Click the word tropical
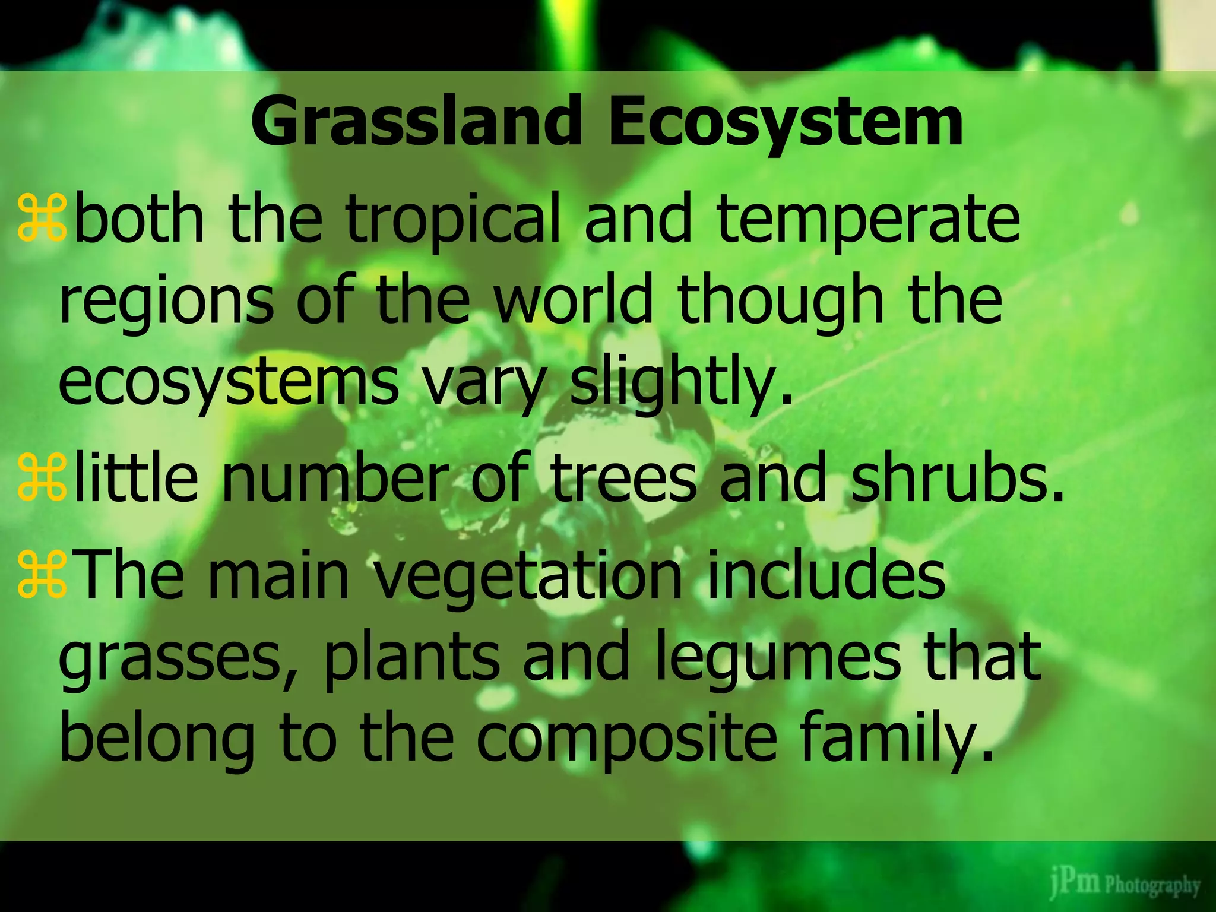pyautogui.click(x=453, y=221)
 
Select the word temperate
pyautogui.click(x=868, y=221)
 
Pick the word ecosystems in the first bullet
pyautogui.click(x=229, y=383)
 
